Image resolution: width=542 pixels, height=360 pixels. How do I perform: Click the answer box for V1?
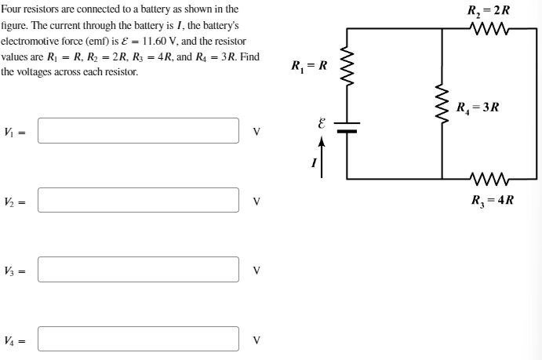[x=138, y=131]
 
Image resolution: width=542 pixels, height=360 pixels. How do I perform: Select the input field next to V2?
[x=138, y=202]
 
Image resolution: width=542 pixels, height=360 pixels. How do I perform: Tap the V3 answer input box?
[x=138, y=270]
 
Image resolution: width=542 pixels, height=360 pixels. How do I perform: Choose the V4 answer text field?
[x=138, y=340]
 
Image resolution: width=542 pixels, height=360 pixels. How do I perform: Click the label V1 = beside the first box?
[x=16, y=132]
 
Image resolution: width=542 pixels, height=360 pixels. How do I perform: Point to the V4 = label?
[x=16, y=340]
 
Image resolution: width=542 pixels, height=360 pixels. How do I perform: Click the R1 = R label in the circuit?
[x=308, y=64]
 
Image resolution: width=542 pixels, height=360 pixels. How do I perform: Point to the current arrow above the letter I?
[x=321, y=147]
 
